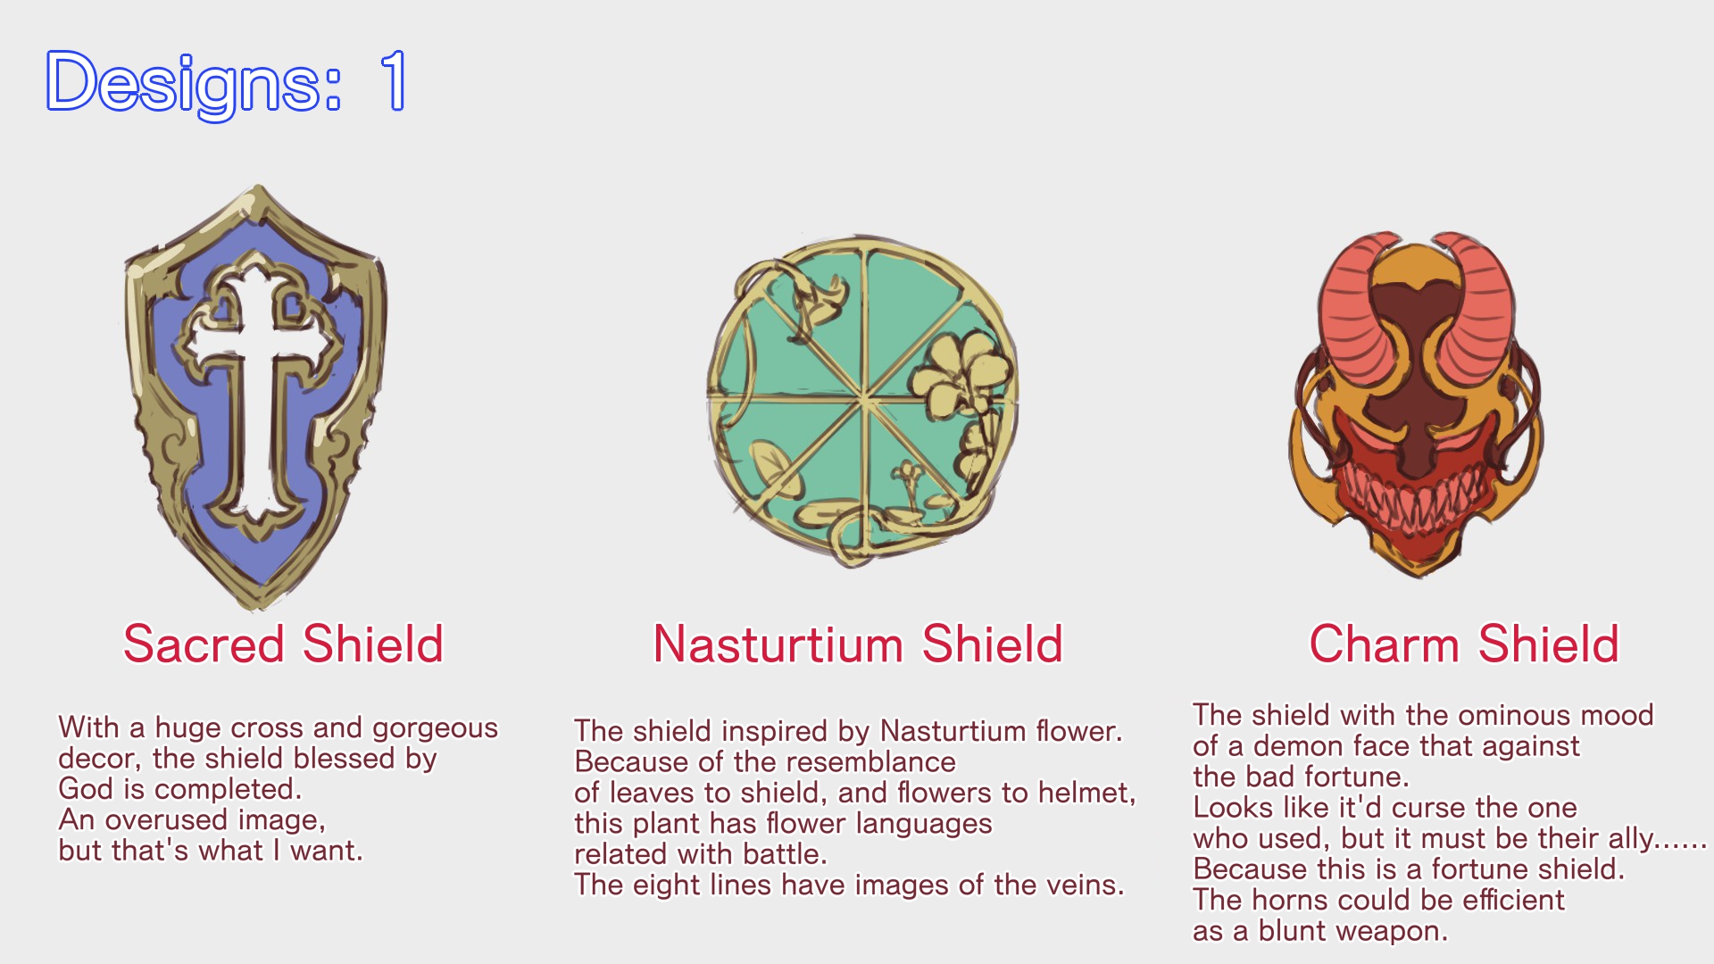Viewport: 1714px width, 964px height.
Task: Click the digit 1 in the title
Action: [394, 80]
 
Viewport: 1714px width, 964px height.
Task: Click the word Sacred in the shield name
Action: [204, 644]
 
